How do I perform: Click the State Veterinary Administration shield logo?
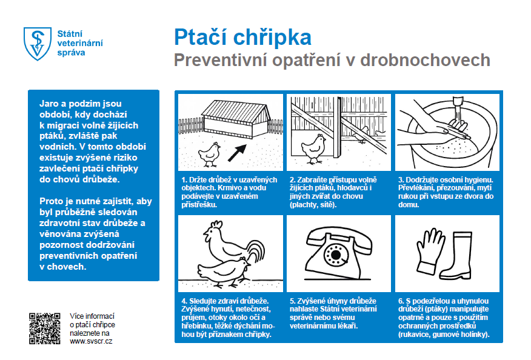(36, 43)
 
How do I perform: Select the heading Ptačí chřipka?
(242, 38)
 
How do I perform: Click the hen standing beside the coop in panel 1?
(210, 153)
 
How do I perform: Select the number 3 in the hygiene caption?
(400, 180)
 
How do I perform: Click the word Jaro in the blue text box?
(50, 104)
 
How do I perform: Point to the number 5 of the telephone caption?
(292, 301)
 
